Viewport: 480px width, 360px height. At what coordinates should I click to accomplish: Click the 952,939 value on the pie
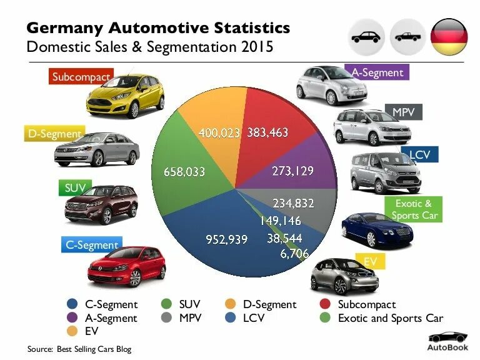(227, 239)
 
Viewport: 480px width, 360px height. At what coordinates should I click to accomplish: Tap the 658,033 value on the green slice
(184, 171)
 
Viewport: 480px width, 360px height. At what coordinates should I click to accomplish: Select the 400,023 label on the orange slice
(219, 132)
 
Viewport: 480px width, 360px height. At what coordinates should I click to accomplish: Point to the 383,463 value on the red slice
(268, 132)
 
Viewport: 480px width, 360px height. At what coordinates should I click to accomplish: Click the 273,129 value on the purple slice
(292, 171)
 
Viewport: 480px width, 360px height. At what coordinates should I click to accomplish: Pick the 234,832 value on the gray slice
(293, 203)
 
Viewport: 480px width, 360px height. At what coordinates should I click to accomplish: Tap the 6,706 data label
(294, 253)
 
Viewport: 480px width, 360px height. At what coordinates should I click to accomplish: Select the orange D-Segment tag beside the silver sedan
(55, 133)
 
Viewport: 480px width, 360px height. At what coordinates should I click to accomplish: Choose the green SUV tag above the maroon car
(79, 187)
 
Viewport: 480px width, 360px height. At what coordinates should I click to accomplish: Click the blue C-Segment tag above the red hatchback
(92, 245)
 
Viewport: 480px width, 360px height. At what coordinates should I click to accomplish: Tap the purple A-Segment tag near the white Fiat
(377, 72)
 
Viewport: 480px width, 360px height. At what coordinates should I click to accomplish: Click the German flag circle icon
(449, 37)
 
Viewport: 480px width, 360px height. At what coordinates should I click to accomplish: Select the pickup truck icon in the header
(407, 37)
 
